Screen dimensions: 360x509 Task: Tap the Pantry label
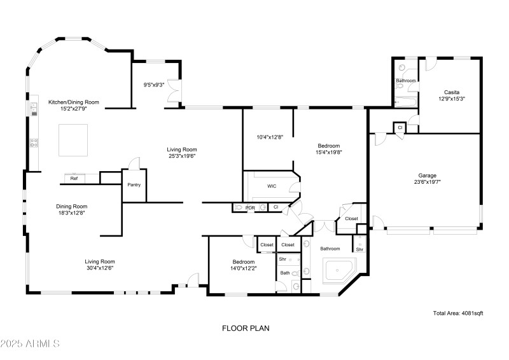(134, 185)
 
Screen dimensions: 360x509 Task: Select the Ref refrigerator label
(74, 179)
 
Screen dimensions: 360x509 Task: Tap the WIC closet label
(272, 186)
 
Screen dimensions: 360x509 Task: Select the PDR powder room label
(250, 207)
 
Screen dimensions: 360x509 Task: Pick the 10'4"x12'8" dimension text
(268, 137)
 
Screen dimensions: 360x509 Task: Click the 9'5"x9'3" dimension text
(154, 85)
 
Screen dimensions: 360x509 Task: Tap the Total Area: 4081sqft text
(458, 313)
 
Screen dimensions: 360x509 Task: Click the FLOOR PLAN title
(246, 329)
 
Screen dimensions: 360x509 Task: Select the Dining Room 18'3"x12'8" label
(80, 210)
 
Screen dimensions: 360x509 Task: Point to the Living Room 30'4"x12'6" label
(100, 265)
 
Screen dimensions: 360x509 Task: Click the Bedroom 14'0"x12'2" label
(243, 265)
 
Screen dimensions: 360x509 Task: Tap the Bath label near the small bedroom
(285, 273)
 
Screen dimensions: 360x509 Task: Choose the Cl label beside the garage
(400, 127)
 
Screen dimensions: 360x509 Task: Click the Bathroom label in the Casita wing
(406, 81)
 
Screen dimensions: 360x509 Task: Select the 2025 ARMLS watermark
(30, 344)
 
